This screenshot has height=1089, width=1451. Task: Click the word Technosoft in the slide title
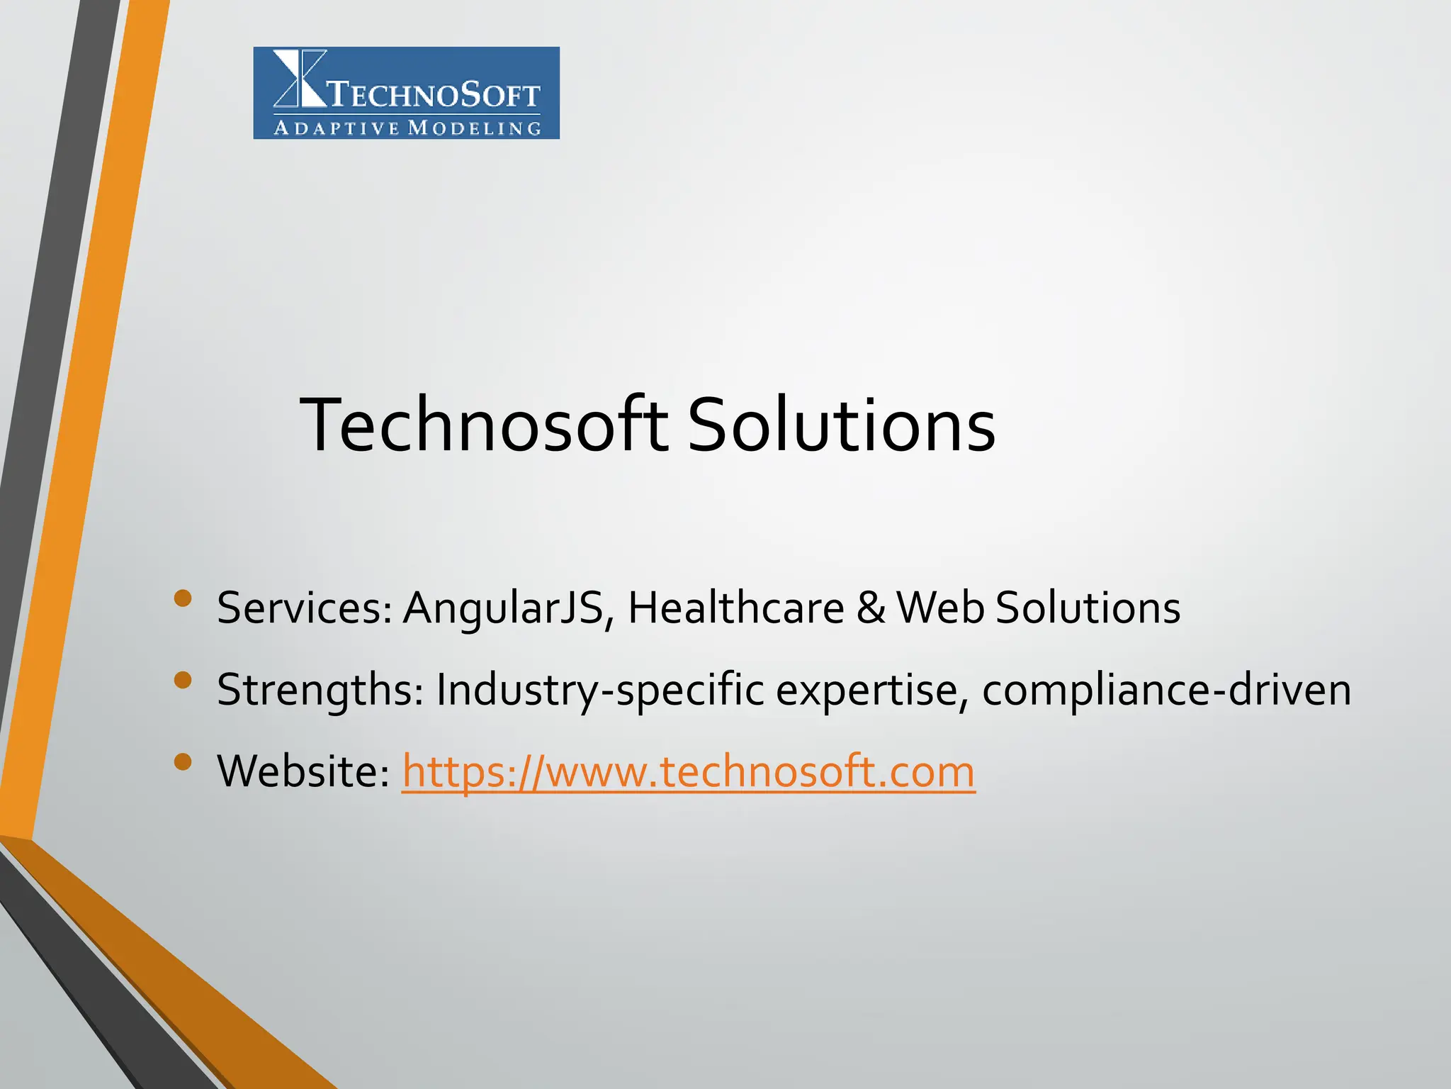click(483, 425)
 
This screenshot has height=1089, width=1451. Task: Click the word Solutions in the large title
click(841, 425)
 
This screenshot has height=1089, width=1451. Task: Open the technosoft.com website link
click(688, 771)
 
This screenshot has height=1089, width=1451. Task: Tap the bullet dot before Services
click(183, 598)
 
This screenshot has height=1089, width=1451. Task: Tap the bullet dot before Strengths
click(183, 681)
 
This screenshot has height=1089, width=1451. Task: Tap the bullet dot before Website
click(183, 762)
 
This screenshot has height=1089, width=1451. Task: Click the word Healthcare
click(736, 608)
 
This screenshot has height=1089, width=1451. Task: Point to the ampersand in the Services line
click(871, 608)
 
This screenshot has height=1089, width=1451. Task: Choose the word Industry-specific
click(600, 690)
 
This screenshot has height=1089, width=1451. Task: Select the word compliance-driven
click(1166, 690)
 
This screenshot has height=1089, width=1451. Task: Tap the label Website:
click(303, 771)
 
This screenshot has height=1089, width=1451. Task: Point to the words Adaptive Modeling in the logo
click(407, 128)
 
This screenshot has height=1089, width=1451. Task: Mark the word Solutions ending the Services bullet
click(1088, 608)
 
